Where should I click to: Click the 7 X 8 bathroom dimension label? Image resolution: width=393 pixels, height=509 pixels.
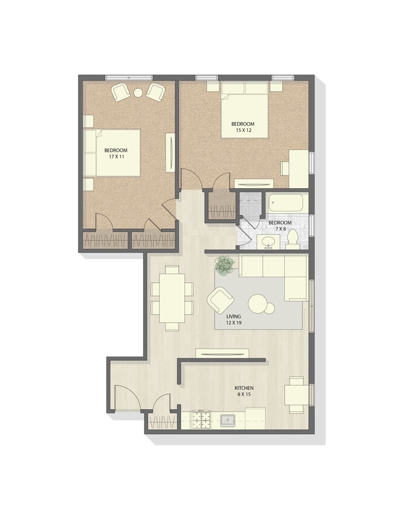[x=277, y=229]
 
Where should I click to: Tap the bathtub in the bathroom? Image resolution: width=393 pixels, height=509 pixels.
[x=288, y=202]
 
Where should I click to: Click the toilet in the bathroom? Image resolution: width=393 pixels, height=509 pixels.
[x=293, y=239]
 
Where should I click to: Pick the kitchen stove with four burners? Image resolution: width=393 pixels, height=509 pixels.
[x=200, y=418]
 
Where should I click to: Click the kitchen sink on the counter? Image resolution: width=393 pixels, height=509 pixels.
[x=228, y=419]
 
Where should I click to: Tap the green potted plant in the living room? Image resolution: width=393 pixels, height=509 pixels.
[x=224, y=265]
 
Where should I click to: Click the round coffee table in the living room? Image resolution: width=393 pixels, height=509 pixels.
[x=261, y=303]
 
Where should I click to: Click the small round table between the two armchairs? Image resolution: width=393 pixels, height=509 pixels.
[x=138, y=93]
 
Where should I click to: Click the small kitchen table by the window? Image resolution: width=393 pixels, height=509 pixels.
[x=297, y=395]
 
